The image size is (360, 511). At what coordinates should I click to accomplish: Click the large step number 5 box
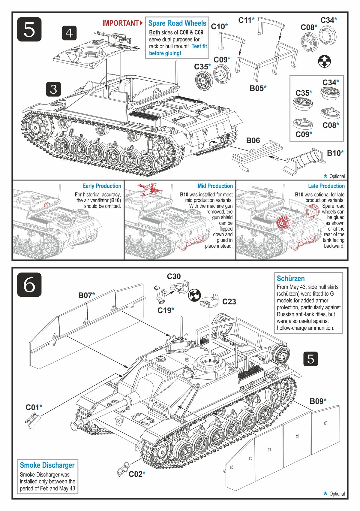point(29,29)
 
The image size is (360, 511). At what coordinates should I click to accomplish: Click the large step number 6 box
point(29,285)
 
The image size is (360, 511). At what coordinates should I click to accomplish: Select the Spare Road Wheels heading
point(177,23)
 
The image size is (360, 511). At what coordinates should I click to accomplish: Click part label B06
point(253,141)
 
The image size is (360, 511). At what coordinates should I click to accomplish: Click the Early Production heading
point(102,186)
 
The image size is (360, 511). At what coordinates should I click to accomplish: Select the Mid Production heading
point(215,186)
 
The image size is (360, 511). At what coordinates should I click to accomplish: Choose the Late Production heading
point(326,186)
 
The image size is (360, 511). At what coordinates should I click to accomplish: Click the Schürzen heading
point(291,279)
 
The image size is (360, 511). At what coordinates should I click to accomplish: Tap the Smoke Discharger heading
point(47,465)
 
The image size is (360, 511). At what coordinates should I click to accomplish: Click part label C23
point(229,301)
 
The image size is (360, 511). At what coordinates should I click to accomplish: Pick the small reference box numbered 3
point(53,89)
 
